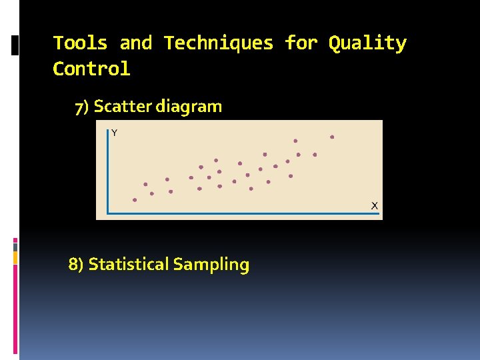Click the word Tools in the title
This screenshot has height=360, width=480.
[x=80, y=43]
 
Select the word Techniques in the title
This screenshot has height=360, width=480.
[x=219, y=43]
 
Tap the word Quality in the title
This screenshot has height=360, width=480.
[x=367, y=44]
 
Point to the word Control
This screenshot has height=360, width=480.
[x=91, y=69]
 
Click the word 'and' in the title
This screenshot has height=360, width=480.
[x=135, y=43]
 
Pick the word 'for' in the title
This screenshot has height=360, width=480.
[x=301, y=43]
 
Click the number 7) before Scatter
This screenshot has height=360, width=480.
[x=82, y=107]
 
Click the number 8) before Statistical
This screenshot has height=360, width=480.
[x=76, y=265]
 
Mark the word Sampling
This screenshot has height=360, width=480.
[x=211, y=265]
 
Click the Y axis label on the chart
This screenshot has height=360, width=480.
[x=114, y=133]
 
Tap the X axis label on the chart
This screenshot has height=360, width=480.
[x=375, y=205]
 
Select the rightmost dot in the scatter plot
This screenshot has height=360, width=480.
[x=332, y=137]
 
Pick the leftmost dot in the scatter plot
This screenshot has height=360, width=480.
[x=135, y=199]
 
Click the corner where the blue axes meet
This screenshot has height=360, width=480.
[x=108, y=213]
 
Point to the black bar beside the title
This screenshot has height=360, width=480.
[x=16, y=45]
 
